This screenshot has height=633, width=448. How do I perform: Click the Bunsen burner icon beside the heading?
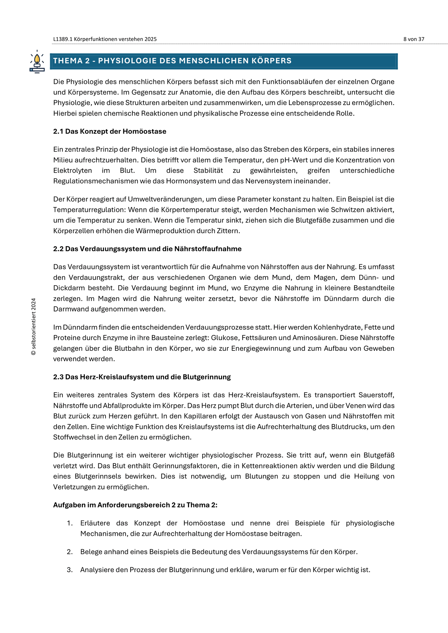[x=37, y=62]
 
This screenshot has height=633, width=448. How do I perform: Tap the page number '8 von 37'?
[x=414, y=39]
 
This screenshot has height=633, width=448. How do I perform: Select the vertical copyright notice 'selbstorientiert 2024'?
[x=34, y=326]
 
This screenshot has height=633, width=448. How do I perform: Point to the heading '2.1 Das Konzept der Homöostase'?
[x=110, y=131]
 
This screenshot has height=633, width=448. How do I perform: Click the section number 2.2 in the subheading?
[x=58, y=249]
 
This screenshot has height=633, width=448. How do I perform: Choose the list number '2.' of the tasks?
[x=70, y=552]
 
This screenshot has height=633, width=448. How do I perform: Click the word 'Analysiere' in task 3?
[x=97, y=570]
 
